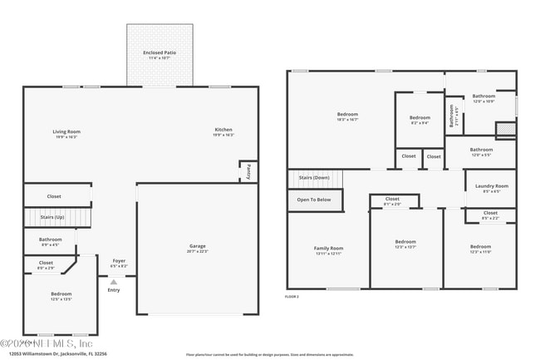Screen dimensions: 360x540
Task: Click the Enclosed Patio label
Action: pos(160,52)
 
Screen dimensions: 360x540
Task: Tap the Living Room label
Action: pos(66,131)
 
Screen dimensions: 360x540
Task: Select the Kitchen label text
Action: pos(223,131)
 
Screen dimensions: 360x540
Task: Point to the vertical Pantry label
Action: pos(248,171)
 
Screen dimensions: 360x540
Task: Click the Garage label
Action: pos(197,245)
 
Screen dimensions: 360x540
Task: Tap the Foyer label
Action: pos(119,261)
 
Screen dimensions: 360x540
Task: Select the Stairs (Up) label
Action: pos(52,216)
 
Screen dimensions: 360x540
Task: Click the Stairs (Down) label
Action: pos(315,178)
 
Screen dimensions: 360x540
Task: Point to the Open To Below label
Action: pos(314,200)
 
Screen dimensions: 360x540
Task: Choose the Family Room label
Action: pos(328,249)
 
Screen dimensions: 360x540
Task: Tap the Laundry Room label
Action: pos(491,186)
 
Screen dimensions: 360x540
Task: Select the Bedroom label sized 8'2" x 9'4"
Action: pos(420,118)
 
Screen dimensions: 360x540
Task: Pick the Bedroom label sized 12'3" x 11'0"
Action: pos(480,247)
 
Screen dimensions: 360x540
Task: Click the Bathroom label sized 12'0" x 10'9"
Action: pos(484,96)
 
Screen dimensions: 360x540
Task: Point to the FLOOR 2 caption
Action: pos(292,296)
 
